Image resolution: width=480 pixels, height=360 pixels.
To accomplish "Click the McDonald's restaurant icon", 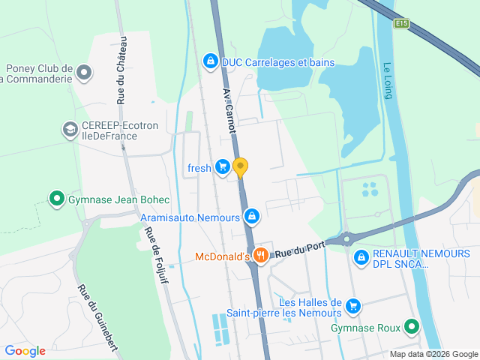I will pyautogui.click(x=261, y=255).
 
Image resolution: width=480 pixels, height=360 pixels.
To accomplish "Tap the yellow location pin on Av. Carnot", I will pyautogui.click(x=240, y=166).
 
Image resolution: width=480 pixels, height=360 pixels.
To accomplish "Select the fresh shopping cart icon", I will pyautogui.click(x=222, y=167).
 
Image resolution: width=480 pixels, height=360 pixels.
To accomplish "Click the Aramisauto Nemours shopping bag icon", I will pyautogui.click(x=252, y=217).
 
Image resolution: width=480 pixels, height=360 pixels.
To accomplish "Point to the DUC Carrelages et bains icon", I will pyautogui.click(x=211, y=61).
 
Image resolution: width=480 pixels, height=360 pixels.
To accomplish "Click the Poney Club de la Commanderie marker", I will pyautogui.click(x=84, y=73).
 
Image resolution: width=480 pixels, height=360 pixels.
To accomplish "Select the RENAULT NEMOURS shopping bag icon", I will pyautogui.click(x=361, y=257).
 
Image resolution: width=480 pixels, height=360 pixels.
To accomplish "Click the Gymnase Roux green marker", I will pyautogui.click(x=411, y=327).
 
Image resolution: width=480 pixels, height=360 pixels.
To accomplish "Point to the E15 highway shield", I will pyautogui.click(x=402, y=24).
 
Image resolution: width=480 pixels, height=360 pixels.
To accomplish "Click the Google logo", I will pyautogui.click(x=25, y=350).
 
